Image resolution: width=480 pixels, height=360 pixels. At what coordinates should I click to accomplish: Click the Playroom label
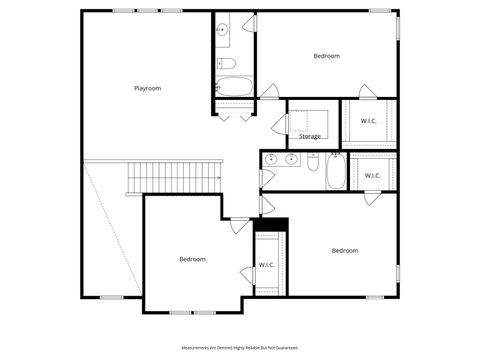[x=147, y=88]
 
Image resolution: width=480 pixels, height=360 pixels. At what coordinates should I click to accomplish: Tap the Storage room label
[x=310, y=136]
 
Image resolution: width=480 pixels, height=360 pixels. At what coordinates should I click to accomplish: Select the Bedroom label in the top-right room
[x=326, y=56]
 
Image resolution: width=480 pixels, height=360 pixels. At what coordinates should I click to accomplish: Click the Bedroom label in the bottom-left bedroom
[x=192, y=259]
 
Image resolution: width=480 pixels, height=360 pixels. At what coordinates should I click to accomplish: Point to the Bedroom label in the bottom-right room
[x=345, y=250]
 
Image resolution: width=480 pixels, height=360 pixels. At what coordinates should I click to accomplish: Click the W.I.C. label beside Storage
[x=369, y=121]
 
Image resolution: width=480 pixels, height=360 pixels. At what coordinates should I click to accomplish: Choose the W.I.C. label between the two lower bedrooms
[x=267, y=265]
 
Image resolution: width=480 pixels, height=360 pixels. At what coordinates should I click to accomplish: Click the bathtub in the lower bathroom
[x=336, y=172]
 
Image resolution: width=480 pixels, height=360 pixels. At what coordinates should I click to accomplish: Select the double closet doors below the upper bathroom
[x=234, y=114]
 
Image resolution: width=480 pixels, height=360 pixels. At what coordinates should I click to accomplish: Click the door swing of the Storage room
[x=279, y=126]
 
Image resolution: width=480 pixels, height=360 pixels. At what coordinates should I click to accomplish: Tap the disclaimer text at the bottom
[x=239, y=347]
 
